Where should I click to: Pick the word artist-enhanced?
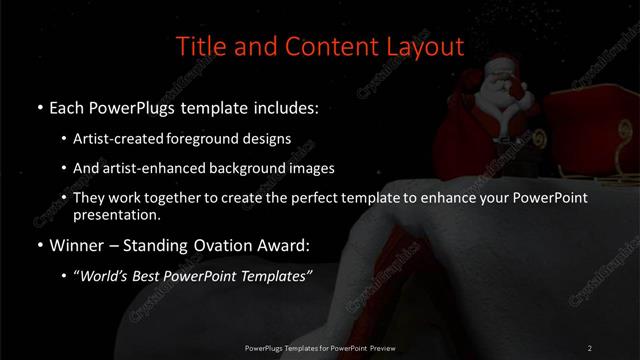tap(152, 168)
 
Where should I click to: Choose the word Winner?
tap(78, 243)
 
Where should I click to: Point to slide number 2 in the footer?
tap(589, 347)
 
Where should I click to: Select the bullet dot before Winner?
tap(38, 243)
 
